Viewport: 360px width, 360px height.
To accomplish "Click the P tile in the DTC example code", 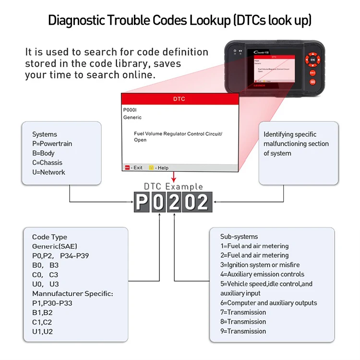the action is click(141, 202).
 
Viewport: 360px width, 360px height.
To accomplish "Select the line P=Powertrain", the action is click(52, 144).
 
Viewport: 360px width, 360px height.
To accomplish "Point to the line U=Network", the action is click(48, 172).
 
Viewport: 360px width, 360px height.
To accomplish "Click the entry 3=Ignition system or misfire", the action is click(260, 264).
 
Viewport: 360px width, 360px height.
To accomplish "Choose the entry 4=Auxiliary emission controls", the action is click(262, 274).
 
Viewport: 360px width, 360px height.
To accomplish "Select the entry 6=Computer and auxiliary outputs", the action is click(268, 302).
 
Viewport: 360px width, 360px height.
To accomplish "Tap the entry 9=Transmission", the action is click(243, 331).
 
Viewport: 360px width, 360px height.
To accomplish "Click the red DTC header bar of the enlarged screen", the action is click(179, 99).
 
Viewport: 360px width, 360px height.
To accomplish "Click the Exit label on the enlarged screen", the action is click(137, 168).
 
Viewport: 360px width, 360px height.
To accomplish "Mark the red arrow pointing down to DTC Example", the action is click(174, 177).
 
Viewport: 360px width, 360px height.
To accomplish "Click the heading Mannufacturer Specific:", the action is click(72, 293).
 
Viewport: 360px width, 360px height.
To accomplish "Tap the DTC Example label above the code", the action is click(173, 186).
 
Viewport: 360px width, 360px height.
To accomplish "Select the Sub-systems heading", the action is click(239, 236).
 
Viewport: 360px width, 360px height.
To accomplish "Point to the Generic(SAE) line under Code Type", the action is click(55, 246).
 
